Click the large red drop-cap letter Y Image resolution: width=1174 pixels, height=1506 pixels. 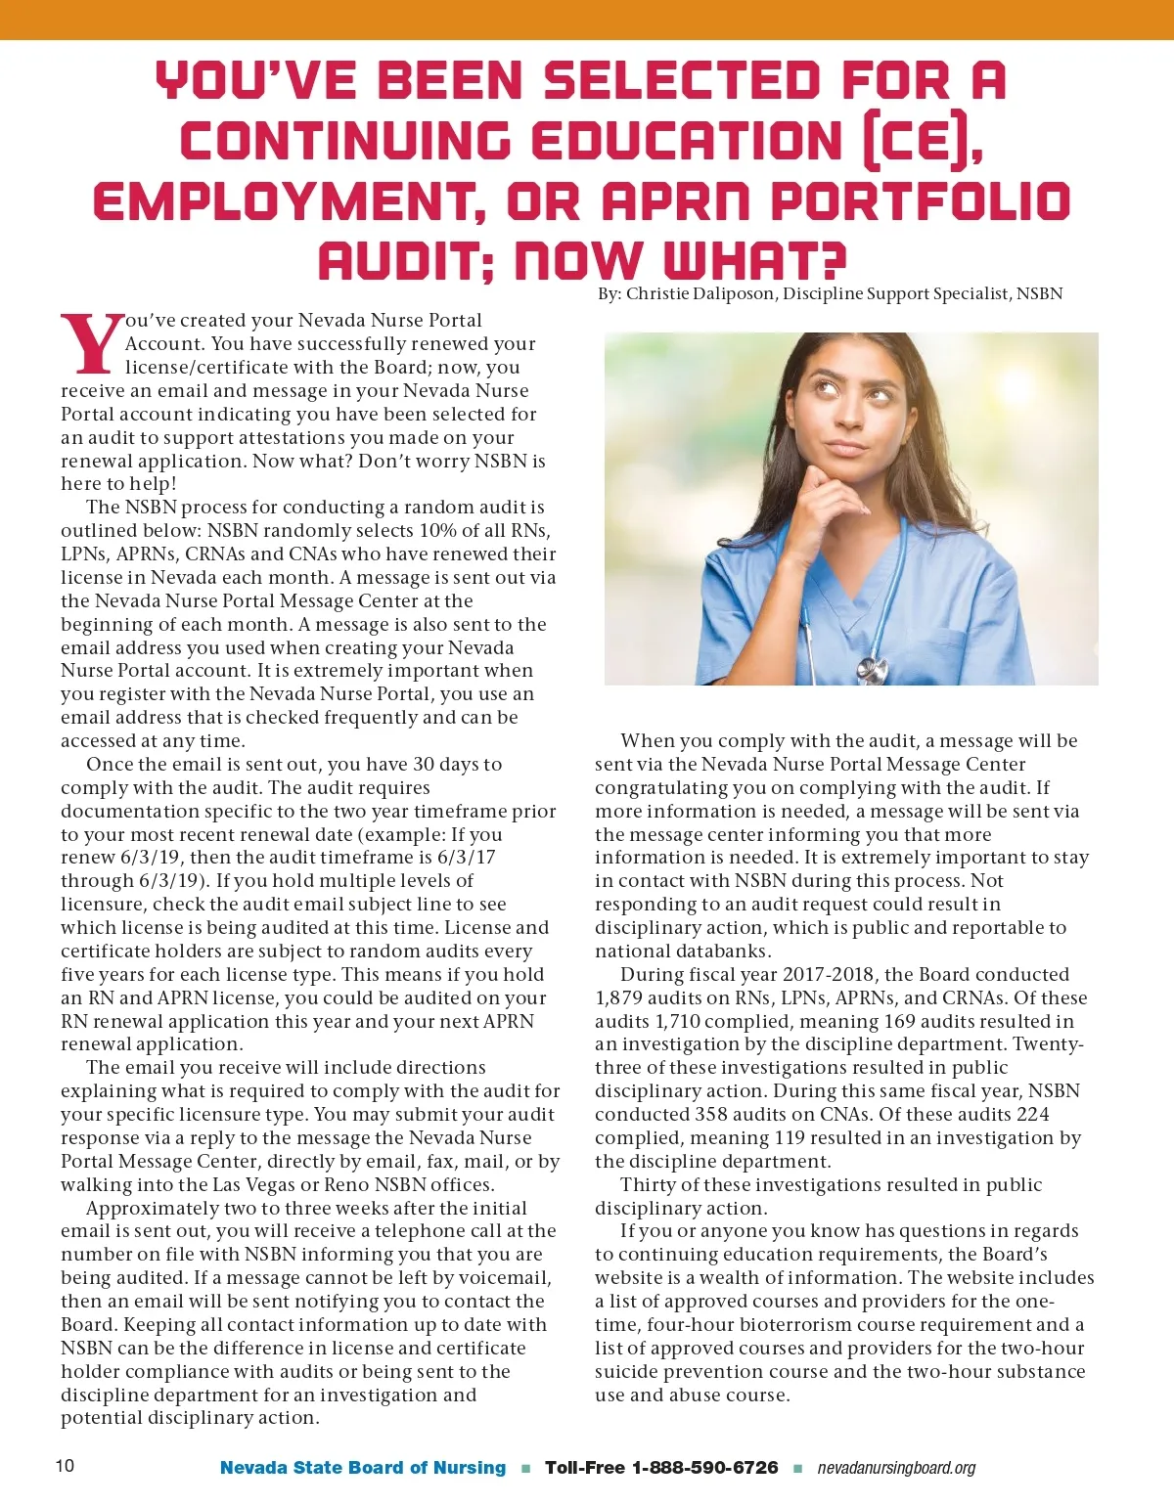pos(92,344)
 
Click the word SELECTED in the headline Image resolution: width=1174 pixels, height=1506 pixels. pos(682,81)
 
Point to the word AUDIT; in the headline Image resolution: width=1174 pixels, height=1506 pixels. pos(406,261)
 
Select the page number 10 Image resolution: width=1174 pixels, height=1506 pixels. pos(65,1465)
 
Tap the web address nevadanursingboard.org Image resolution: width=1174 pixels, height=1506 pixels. pos(896,1468)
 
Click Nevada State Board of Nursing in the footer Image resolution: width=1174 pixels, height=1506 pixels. pos(363,1467)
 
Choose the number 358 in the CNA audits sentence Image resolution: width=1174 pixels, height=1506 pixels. pos(711,1114)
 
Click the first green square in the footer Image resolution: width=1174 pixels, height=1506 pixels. pos(526,1468)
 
